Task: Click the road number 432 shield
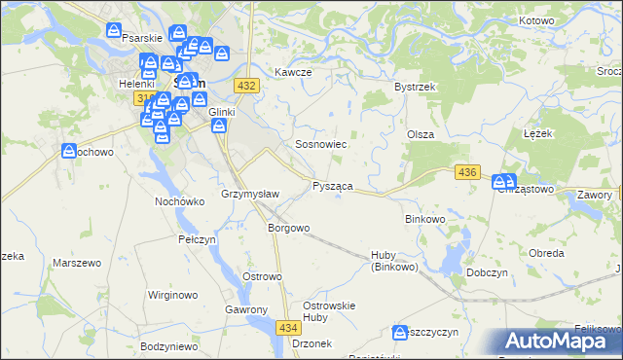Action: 246,87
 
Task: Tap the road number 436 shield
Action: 467,172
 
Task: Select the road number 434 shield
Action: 287,329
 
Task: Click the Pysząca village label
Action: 333,186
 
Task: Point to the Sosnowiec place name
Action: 321,144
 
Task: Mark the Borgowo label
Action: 288,229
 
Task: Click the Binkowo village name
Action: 424,220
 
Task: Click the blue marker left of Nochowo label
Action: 69,152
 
